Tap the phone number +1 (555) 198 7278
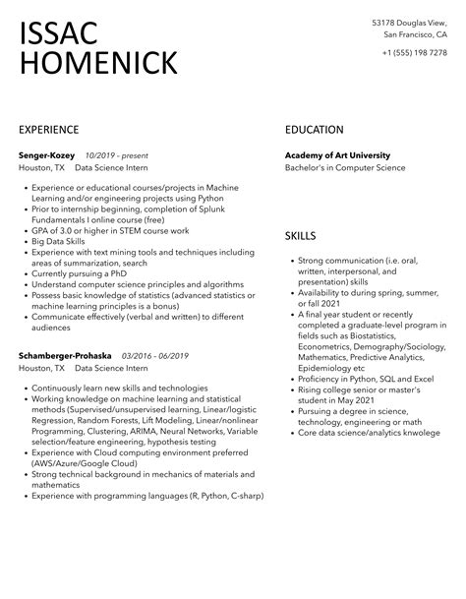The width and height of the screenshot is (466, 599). [415, 52]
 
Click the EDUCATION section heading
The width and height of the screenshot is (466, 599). [314, 129]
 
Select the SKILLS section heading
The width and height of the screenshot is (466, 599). [300, 236]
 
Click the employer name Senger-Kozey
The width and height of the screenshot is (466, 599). [47, 155]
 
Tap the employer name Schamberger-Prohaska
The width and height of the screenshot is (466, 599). [66, 354]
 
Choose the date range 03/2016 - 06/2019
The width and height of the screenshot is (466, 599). [155, 354]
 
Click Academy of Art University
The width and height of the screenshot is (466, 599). [337, 155]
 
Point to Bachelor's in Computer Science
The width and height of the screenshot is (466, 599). [344, 168]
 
